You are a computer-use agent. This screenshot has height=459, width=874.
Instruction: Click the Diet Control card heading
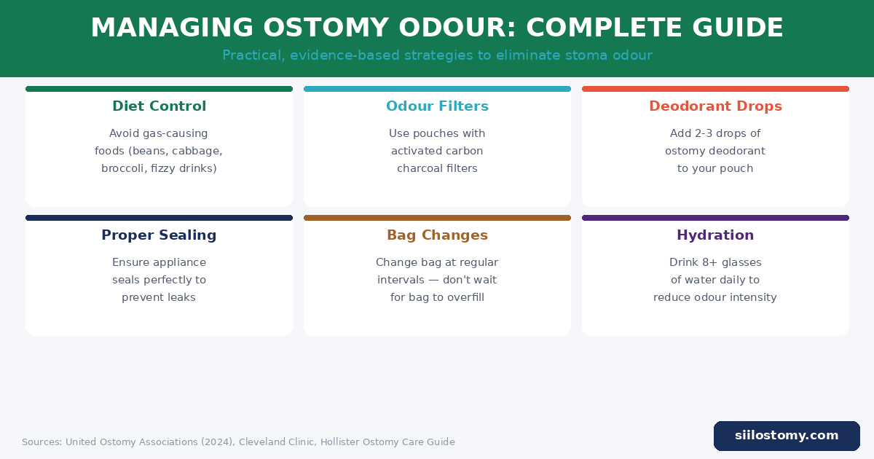pos(159,106)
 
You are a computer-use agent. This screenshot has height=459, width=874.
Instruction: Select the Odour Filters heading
pos(437,106)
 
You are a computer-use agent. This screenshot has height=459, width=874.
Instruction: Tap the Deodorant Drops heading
pos(715,106)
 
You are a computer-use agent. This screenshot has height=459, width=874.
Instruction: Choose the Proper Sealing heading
pos(159,235)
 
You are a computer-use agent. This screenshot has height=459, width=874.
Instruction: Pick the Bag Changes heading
pos(437,235)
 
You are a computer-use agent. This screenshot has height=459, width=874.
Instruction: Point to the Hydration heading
pos(715,235)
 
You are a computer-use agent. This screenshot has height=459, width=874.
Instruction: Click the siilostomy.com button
pos(787,436)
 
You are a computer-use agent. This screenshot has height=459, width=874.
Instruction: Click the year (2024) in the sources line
pos(214,442)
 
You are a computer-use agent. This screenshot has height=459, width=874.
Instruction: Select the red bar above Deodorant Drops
pos(715,89)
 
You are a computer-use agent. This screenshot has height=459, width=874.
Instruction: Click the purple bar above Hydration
pos(715,218)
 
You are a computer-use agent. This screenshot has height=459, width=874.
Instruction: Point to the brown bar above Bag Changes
pos(437,218)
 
